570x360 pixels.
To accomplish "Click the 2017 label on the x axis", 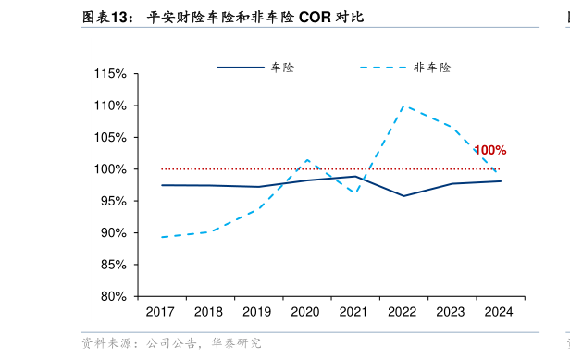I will (x=160, y=313).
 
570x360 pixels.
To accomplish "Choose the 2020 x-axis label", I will (x=305, y=313).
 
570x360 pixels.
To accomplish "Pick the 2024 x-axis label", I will (x=500, y=313).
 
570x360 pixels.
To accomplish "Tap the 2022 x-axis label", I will (x=403, y=313).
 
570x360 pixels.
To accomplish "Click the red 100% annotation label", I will (x=489, y=150).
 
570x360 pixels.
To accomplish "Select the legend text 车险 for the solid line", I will (x=282, y=68).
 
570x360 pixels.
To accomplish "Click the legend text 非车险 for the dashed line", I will (x=432, y=68).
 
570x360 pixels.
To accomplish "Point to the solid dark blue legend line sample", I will (x=240, y=68).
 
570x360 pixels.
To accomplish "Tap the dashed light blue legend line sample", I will (x=382, y=68).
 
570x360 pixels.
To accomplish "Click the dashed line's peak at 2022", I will (x=403, y=106).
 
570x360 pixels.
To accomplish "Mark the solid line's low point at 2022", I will (x=403, y=195).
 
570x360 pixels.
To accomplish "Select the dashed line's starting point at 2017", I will (x=161, y=237).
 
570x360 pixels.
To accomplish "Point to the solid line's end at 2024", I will (x=501, y=181).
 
